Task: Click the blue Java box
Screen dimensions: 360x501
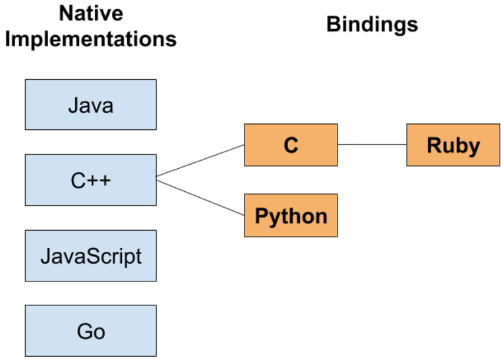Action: tap(90, 104)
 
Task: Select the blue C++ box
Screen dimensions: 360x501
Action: tap(90, 179)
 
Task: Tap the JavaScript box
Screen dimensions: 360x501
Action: tap(90, 255)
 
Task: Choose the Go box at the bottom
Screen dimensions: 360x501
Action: tap(90, 330)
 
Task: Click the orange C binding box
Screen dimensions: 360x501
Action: tap(291, 144)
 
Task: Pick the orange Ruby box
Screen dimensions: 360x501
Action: tap(453, 144)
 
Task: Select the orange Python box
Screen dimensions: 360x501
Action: tap(291, 216)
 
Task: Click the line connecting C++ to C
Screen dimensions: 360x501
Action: tap(200, 160)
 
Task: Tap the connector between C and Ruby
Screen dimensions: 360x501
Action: tap(372, 144)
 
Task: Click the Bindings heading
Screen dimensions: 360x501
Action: tap(372, 24)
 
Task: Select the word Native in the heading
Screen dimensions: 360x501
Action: tap(91, 13)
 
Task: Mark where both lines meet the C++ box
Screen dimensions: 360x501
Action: tap(157, 177)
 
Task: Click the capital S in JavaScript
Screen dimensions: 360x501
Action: tap(104, 256)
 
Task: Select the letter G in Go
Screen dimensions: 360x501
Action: tap(84, 331)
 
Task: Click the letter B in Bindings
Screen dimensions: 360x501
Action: tap(334, 24)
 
